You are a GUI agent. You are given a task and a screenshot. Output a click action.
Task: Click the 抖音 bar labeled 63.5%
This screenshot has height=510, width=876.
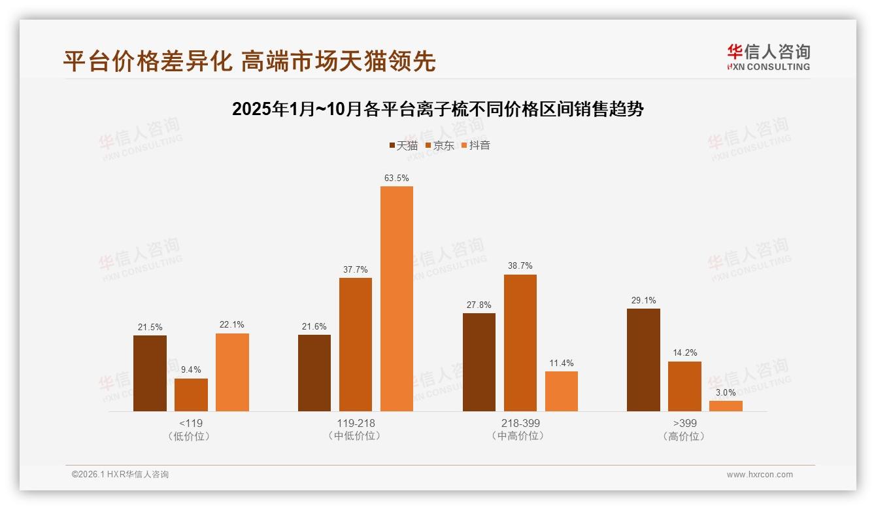[x=397, y=299]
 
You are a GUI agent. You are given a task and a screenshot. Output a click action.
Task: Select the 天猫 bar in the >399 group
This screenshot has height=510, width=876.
[x=643, y=360]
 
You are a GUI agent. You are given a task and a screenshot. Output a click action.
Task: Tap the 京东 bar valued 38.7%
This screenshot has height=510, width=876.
[x=520, y=343]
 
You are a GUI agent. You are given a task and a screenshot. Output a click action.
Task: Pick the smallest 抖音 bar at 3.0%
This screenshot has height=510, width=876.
[x=726, y=406]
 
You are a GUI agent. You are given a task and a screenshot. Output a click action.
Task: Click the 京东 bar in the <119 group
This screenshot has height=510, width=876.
[x=191, y=395]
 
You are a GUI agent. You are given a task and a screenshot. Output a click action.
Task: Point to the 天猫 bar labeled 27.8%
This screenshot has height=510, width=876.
[x=479, y=362]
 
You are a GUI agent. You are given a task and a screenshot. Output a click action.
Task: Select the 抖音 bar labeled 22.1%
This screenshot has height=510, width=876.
[x=232, y=372]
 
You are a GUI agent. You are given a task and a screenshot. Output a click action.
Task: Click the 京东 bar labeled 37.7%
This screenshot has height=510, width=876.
[x=356, y=345]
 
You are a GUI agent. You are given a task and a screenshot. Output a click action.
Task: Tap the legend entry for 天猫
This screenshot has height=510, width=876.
[x=403, y=146]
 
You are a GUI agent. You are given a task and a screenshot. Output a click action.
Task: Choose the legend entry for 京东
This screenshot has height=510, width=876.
[x=440, y=146]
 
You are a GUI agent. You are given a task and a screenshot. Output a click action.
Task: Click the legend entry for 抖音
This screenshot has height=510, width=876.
[x=476, y=146]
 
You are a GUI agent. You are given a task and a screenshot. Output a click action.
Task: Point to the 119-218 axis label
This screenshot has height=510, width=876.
[x=356, y=423]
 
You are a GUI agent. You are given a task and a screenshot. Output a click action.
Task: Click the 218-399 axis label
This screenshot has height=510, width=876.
[x=520, y=423]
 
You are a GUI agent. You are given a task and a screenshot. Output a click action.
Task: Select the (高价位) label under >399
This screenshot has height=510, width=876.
[x=684, y=436]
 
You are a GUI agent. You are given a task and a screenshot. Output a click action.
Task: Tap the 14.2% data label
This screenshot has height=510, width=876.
[x=684, y=353]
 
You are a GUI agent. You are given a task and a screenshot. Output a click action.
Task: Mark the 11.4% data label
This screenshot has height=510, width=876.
[x=562, y=363]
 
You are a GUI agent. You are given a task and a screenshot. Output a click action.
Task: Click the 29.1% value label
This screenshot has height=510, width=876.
[x=643, y=300]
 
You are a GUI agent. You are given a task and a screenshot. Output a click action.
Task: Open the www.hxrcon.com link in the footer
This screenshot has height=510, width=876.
[x=760, y=475]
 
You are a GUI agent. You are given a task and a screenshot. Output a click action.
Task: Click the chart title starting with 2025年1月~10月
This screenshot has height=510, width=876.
[x=438, y=109]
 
